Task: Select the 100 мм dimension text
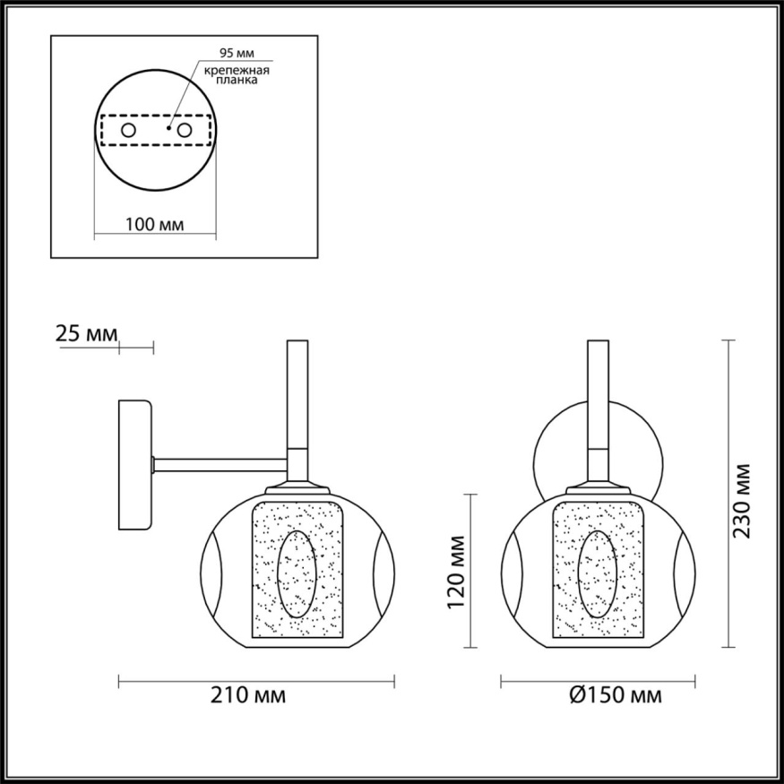(x=154, y=224)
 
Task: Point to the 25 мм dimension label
(x=86, y=334)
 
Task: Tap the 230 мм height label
(x=742, y=500)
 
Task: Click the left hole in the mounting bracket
(x=128, y=131)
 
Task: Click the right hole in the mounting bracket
(x=185, y=131)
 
